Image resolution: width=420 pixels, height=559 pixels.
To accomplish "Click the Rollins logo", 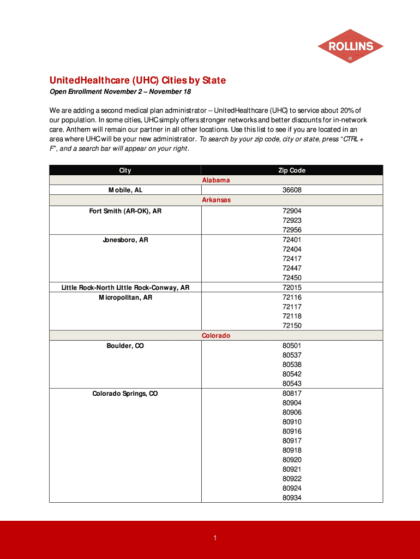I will point(350,46).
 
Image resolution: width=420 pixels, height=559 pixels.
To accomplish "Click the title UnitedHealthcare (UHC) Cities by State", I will point(137,80).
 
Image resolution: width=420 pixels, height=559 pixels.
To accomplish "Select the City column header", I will point(125,170).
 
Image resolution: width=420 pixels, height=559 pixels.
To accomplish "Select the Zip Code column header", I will point(292,170).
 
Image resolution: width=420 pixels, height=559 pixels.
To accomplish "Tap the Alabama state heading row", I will point(216,180).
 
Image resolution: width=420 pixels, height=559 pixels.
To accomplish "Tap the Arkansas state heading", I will point(216,200).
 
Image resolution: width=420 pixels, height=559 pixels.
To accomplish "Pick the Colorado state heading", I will point(216,336).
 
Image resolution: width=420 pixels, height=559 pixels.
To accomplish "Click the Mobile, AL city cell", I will point(125,190).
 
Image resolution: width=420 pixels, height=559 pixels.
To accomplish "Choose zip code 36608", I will point(292,190).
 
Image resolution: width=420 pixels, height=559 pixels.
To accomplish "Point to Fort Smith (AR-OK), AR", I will point(125,211).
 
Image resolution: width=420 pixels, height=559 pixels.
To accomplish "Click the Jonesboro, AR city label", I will point(125,240).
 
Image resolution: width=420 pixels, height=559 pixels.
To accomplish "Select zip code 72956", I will point(292,230).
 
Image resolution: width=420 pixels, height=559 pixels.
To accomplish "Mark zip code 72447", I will point(292,268).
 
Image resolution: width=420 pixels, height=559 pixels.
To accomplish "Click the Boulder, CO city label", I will point(125,346).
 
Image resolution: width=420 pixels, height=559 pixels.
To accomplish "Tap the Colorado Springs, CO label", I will point(125,394).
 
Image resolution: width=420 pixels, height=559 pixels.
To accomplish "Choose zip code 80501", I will point(292,346).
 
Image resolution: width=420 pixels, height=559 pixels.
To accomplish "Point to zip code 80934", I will point(292,498).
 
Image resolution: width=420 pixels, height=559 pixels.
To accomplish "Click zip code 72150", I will point(292,326).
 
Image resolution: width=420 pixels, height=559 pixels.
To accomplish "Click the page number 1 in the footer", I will point(215,538).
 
